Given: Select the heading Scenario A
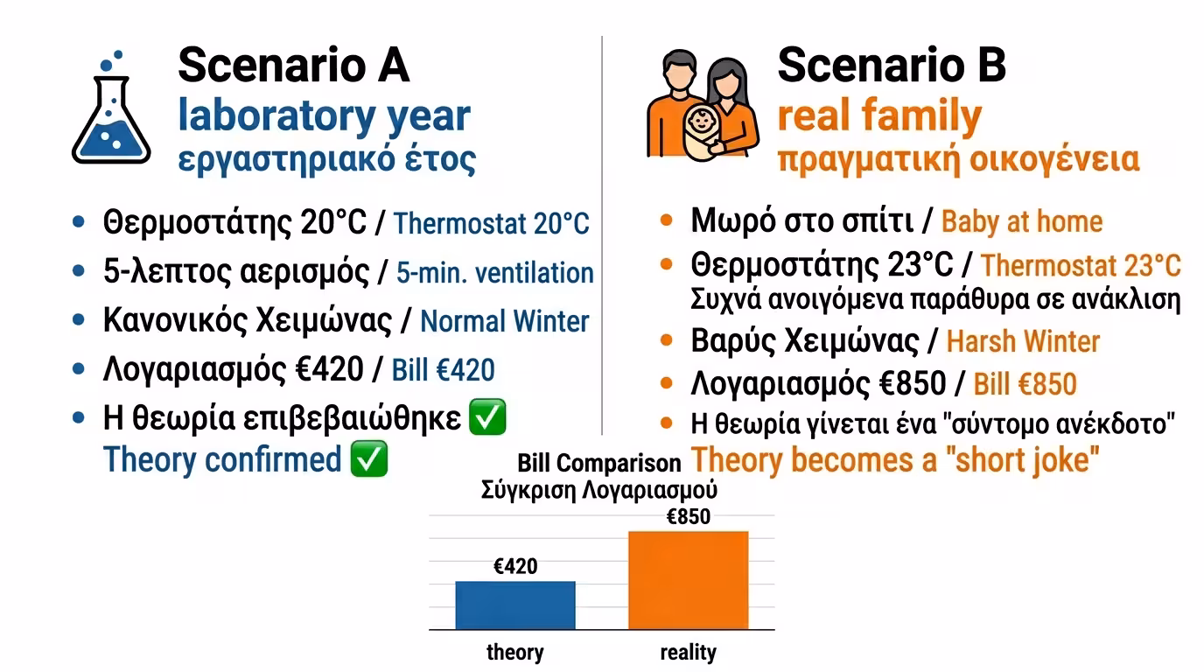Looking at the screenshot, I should click(x=294, y=66).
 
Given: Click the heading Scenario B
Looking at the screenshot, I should click(x=892, y=66).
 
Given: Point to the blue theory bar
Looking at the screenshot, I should click(x=514, y=605).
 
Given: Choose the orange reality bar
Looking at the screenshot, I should click(x=688, y=579).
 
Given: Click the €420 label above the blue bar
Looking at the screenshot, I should click(x=515, y=566).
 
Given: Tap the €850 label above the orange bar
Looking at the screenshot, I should click(x=689, y=516).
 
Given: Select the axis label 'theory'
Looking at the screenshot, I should click(x=514, y=652).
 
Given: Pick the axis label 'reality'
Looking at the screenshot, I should click(x=688, y=652).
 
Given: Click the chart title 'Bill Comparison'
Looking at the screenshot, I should click(x=598, y=463).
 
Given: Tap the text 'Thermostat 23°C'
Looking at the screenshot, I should click(x=1081, y=265).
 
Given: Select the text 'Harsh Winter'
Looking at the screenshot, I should click(x=1023, y=341).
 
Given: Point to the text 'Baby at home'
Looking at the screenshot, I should click(x=1021, y=221).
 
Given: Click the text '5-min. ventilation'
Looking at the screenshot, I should click(x=494, y=273).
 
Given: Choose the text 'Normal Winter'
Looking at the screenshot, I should click(x=505, y=321).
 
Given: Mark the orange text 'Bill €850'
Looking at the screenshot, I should click(x=1025, y=383).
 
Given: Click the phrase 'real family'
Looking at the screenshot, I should click(x=879, y=115).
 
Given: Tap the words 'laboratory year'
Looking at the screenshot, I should click(x=324, y=115).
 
